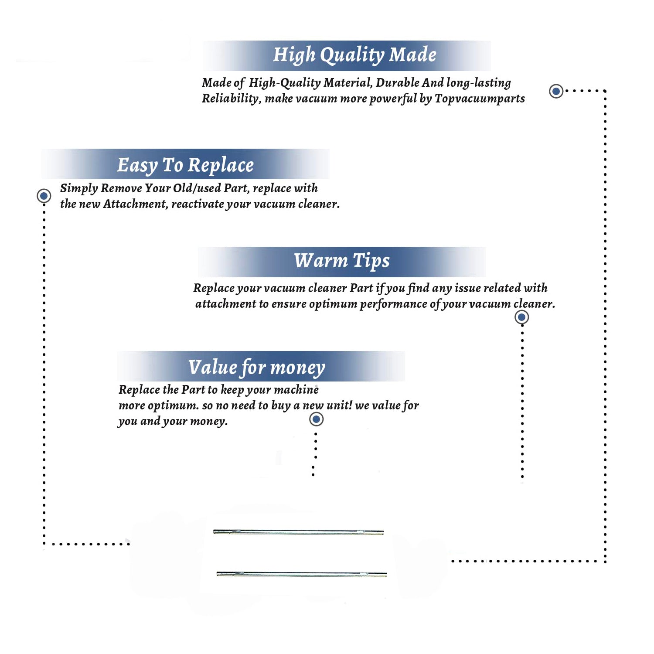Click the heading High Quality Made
(354, 55)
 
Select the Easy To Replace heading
(185, 166)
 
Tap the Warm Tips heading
(341, 261)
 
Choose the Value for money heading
(256, 367)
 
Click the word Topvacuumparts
(480, 99)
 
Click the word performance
(393, 304)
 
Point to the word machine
(296, 390)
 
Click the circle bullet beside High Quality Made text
(556, 91)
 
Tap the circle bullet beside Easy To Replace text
(44, 196)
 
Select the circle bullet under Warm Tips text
(521, 317)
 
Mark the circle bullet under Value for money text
(316, 419)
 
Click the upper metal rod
(298, 532)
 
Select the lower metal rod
(301, 574)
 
